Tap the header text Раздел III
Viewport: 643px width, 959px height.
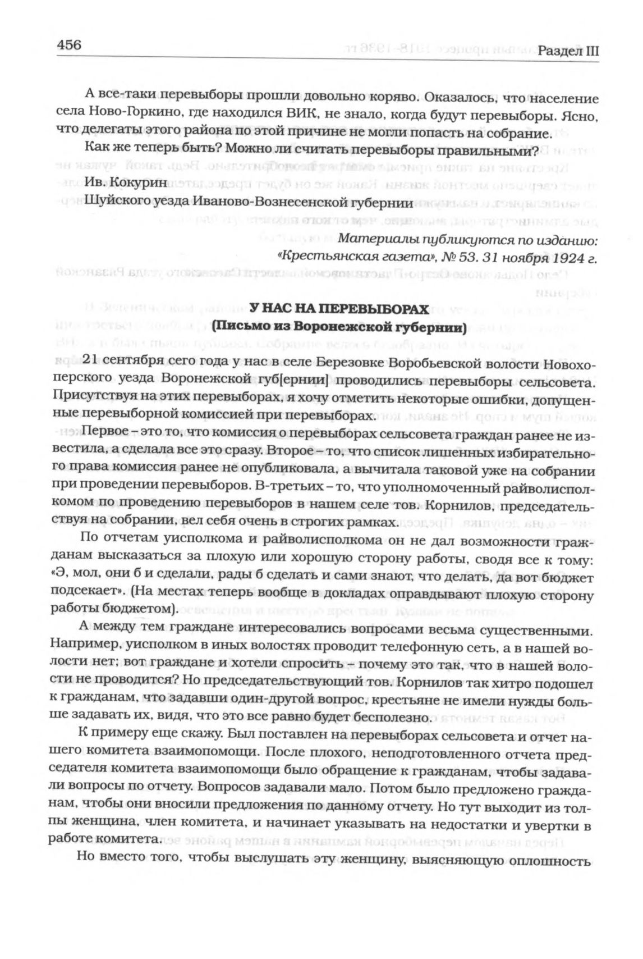568,51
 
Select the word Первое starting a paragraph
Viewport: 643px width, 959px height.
104,433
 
